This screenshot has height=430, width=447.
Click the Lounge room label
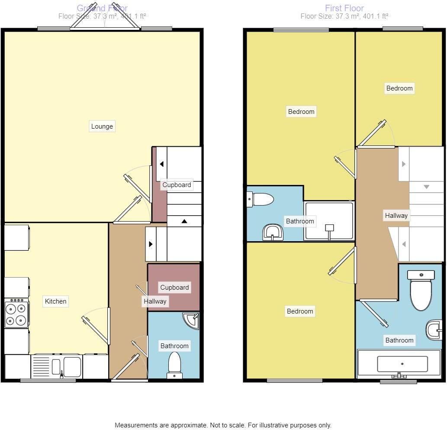(x=102, y=126)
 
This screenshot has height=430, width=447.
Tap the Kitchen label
(x=56, y=301)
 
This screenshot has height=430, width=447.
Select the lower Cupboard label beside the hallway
(x=174, y=288)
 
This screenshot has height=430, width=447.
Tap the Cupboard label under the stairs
(x=177, y=185)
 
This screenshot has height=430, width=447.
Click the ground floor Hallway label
(x=155, y=301)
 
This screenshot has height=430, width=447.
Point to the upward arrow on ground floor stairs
(x=184, y=221)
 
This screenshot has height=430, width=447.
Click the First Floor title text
(x=344, y=8)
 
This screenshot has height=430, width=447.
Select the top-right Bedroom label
(x=399, y=88)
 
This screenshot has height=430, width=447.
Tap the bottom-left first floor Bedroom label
(x=300, y=311)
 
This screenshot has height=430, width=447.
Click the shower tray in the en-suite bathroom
(x=329, y=221)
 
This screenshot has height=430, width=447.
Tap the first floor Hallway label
(x=396, y=215)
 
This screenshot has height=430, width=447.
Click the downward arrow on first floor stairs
(x=426, y=187)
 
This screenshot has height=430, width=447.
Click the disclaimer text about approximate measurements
(x=223, y=425)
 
